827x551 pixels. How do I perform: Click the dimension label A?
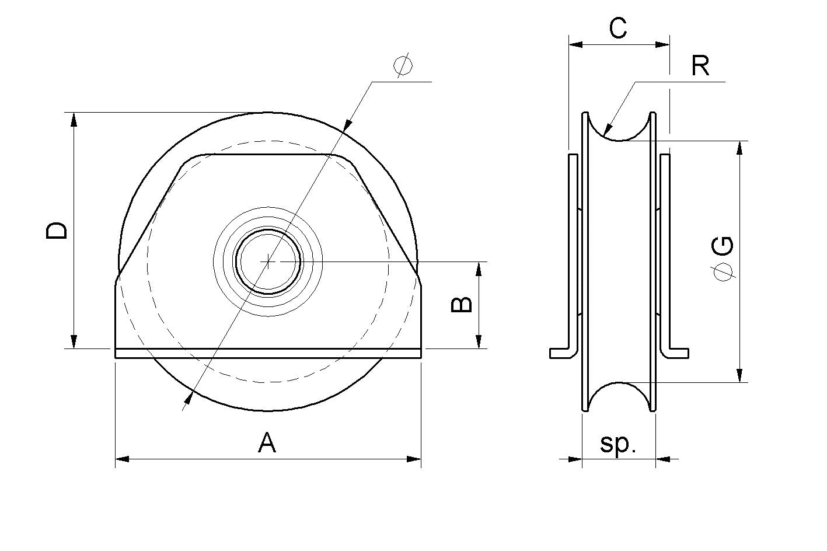[267, 443]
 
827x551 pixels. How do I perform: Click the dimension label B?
[463, 304]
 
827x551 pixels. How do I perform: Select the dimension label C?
[617, 27]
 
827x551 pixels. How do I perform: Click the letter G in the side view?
[724, 247]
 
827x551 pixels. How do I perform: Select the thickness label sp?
[617, 444]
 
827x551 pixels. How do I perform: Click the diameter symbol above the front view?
[403, 66]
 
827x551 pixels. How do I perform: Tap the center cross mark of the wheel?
[268, 261]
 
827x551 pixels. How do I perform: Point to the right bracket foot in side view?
[677, 353]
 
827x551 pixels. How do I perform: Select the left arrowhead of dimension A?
[122, 459]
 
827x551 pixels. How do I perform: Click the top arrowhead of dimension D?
[74, 119]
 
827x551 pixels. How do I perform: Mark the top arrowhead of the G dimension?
[740, 148]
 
